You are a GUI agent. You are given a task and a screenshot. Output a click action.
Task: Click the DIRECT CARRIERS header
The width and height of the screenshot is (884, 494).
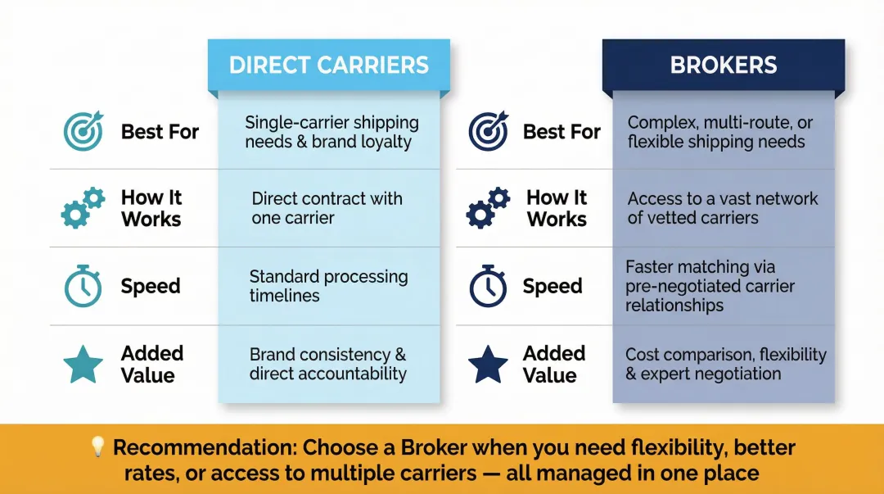pos(328,66)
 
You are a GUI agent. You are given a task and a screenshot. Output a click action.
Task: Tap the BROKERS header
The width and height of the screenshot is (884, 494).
pos(724,66)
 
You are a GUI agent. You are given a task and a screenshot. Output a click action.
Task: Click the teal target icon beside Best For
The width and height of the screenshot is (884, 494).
pos(83,131)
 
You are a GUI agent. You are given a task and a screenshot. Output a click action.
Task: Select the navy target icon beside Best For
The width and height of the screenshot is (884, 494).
pos(488,131)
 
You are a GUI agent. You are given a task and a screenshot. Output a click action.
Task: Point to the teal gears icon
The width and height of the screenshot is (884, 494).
pos(83,208)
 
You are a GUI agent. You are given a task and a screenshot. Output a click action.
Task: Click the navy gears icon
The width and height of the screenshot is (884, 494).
pos(488,208)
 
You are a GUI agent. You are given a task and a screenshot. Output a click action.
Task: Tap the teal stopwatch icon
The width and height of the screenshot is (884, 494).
pos(83,287)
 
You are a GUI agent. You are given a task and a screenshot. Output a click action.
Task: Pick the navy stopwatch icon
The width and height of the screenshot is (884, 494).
pos(488,287)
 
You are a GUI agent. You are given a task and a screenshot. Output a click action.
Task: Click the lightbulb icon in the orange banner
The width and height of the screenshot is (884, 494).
pos(97,447)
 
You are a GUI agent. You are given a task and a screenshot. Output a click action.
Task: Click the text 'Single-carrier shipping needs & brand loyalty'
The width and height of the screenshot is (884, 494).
pos(331,132)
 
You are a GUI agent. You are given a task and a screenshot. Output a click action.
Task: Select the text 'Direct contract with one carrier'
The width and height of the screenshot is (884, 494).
pos(327,208)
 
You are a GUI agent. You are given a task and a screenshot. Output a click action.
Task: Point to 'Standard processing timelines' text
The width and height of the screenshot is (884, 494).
pos(328,286)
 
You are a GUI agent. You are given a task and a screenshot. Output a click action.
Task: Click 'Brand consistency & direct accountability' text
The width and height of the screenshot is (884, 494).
pos(327,365)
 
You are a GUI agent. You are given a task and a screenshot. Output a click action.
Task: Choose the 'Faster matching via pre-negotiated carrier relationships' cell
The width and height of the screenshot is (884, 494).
pos(710,286)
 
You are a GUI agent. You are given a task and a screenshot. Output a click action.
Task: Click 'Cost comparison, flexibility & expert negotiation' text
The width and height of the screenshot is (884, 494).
pos(725,365)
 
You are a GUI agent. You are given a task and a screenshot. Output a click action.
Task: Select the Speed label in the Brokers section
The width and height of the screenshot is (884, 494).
pos(552,287)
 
